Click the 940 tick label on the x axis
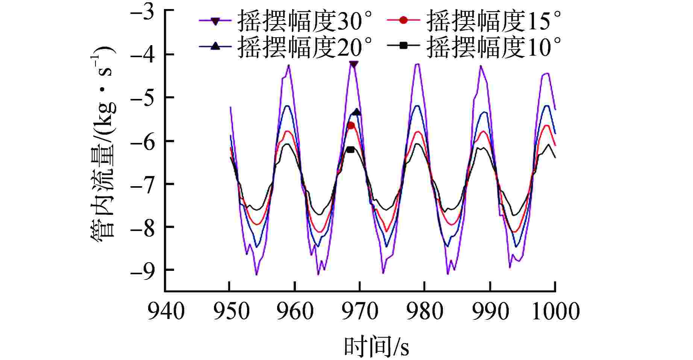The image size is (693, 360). [x=166, y=312]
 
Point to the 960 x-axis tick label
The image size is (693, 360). [x=295, y=312]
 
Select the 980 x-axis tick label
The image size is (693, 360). [x=425, y=312]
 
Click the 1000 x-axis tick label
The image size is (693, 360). [x=555, y=312]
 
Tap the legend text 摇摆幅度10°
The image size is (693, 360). [x=494, y=47]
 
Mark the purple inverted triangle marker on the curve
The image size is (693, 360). [x=353, y=64]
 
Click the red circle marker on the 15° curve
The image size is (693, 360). [x=351, y=126]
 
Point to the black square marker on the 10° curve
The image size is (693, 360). [x=350, y=150]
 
